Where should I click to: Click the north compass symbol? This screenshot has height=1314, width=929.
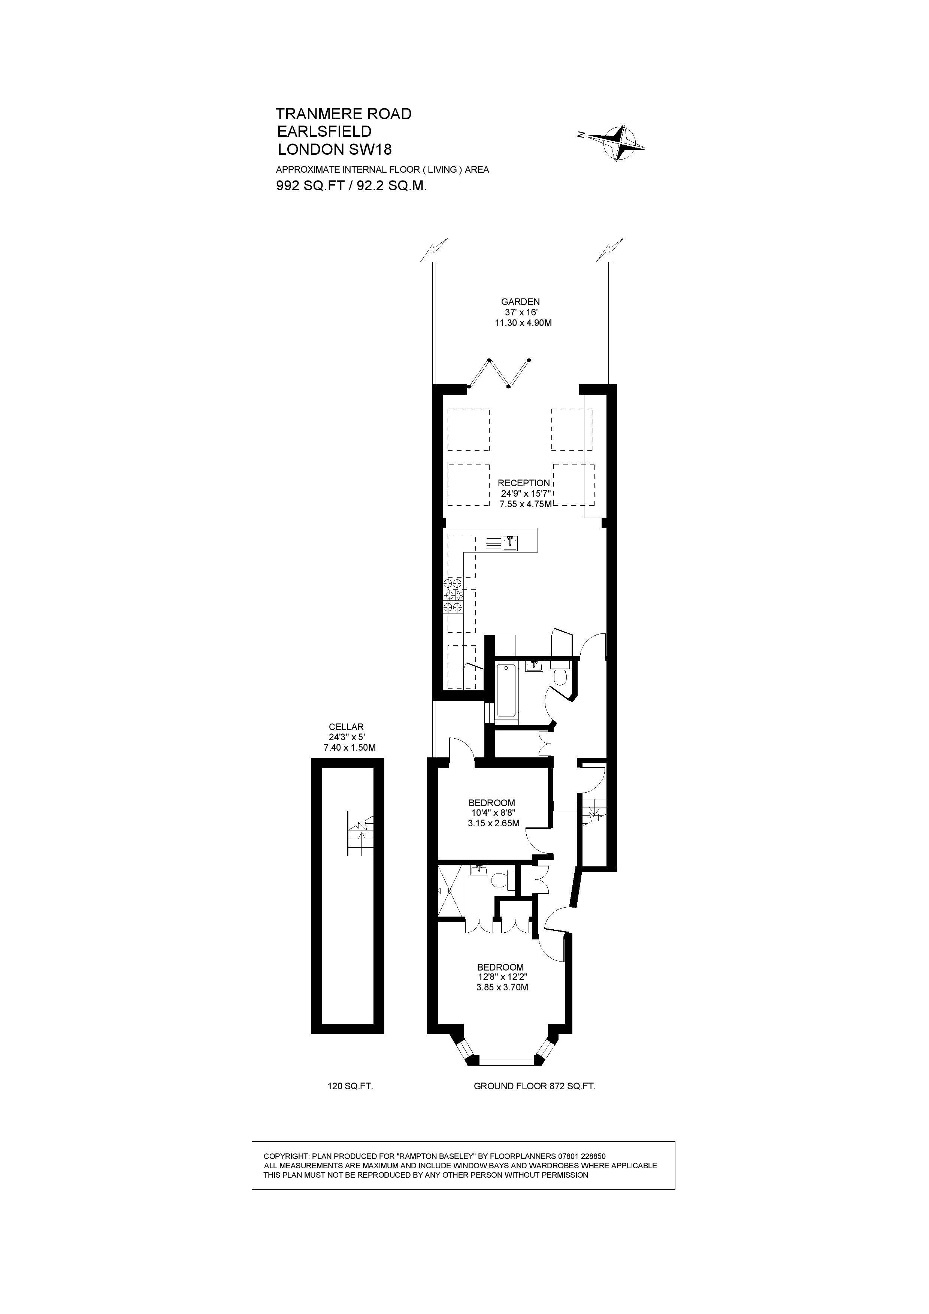615,142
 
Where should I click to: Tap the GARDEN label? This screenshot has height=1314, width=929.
520,302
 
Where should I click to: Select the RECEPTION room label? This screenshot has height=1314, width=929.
524,483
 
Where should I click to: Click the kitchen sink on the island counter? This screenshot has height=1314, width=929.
510,542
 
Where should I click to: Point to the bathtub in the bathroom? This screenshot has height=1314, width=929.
506,690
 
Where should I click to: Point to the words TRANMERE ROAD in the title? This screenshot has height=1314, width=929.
344,114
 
